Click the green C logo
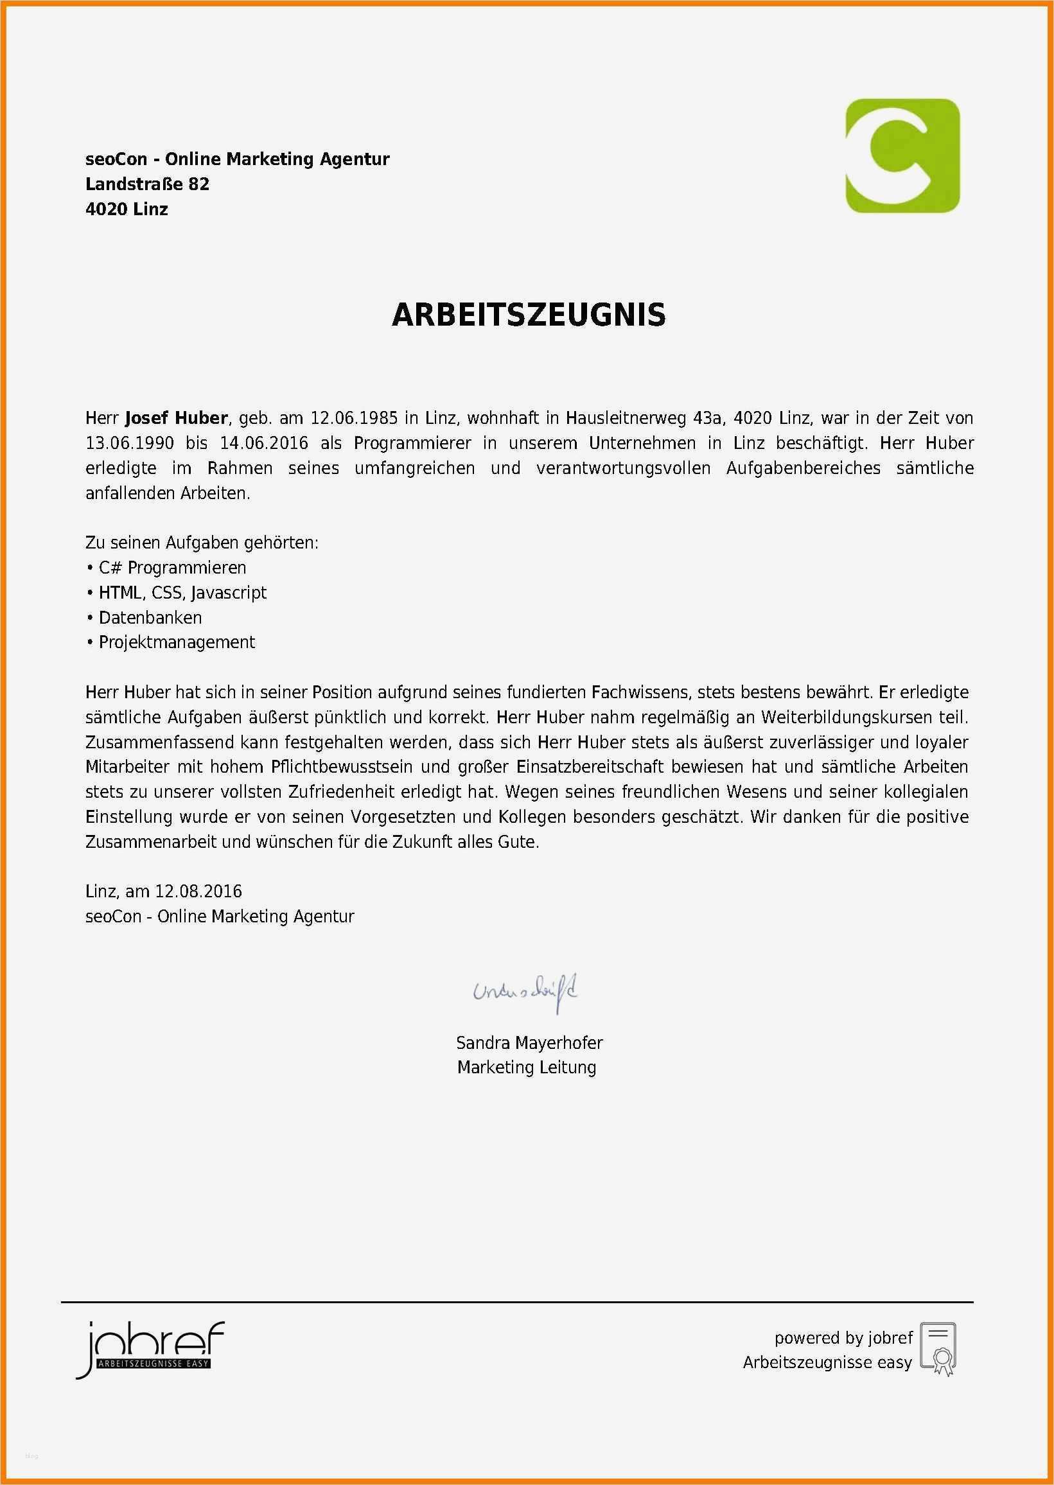tap(902, 155)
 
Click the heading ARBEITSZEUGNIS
tap(529, 315)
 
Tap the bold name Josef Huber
tap(176, 418)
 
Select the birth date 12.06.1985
tap(354, 418)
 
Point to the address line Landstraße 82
tap(147, 184)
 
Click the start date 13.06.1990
tap(130, 443)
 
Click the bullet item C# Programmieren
tap(172, 568)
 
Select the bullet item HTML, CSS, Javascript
tap(182, 593)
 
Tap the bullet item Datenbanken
tap(150, 618)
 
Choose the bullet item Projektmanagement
tap(177, 642)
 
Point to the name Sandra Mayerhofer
tap(529, 1043)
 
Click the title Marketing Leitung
tap(526, 1068)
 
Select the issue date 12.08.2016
tap(198, 892)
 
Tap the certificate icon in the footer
tap(938, 1349)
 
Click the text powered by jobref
tap(843, 1338)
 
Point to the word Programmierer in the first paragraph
tap(412, 443)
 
